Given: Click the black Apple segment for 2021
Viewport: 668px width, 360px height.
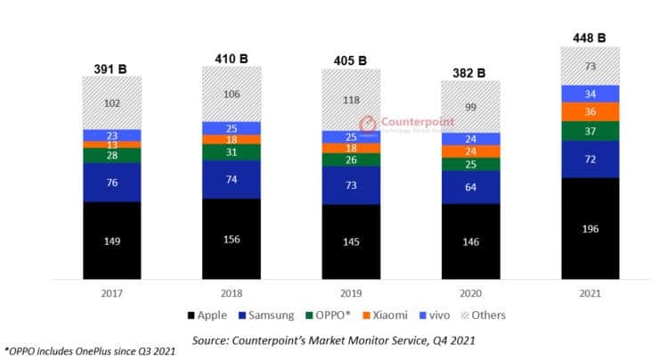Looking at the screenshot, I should pos(590,228).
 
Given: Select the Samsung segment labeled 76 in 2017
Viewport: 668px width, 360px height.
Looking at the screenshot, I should pos(111,183).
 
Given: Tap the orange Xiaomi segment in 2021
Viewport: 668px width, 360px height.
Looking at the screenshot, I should pos(590,112).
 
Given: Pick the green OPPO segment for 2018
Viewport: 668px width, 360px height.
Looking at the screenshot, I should pos(231,152).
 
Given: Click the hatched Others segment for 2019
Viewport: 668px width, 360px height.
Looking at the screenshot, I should pos(351,100).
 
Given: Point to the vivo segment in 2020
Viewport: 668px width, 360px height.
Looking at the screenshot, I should pos(470,139).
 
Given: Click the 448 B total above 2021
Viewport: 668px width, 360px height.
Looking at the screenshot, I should pos(590,37).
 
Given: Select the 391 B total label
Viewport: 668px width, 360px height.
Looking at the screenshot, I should pos(111,68).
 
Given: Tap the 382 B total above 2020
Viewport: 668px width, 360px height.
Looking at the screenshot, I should pos(470,71).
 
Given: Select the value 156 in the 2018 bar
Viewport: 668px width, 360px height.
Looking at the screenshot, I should pos(231,240).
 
